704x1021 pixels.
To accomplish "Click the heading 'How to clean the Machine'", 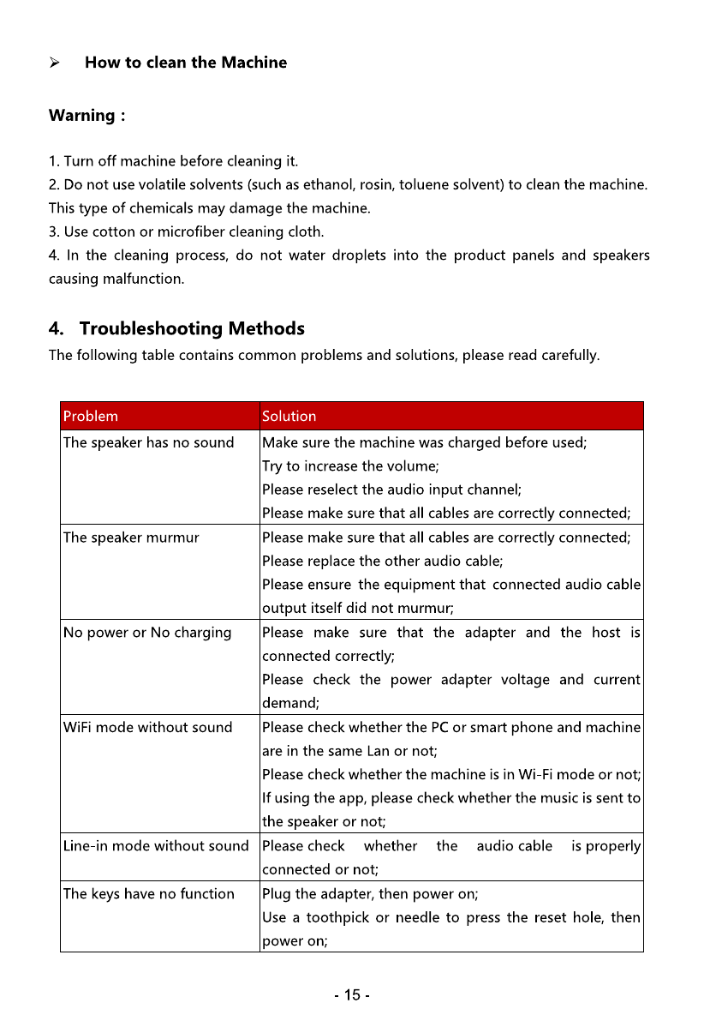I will point(185,63).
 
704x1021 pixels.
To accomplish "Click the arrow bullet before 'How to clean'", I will point(54,63).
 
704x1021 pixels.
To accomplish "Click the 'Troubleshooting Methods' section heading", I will point(191,328).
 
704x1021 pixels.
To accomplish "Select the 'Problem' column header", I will point(91,417).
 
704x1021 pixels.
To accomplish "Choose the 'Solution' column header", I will point(289,417).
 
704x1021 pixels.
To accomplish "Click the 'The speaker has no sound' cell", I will point(148,442).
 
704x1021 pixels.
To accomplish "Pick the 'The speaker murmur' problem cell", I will point(131,538).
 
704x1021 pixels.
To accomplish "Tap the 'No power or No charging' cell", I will point(147,633).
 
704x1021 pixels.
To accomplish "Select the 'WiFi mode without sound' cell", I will point(147,727).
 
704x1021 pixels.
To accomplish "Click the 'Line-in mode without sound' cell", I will point(156,846).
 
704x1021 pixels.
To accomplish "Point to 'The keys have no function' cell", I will point(148,893).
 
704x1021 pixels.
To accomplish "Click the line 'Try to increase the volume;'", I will point(350,466).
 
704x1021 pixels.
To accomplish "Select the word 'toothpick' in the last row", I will point(337,917).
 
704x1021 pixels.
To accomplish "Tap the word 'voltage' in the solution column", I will point(525,680).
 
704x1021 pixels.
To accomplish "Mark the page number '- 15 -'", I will point(352,995).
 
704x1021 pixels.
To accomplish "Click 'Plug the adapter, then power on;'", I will point(369,893).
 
